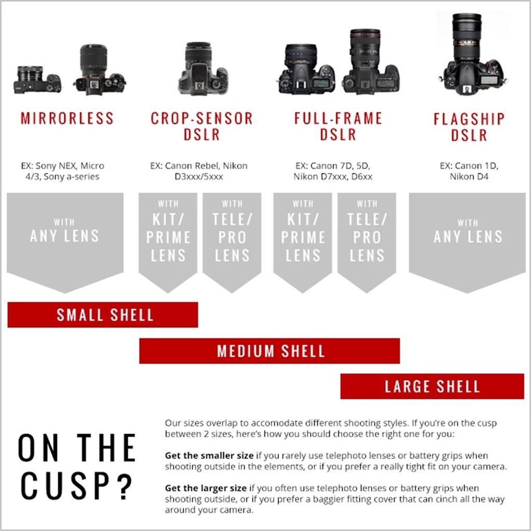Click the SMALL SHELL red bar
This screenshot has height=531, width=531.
[x=103, y=315]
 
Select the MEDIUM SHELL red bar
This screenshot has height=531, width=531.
[x=270, y=351]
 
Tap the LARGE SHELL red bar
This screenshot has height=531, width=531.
[x=432, y=386]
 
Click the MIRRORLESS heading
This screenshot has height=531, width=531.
[x=67, y=118]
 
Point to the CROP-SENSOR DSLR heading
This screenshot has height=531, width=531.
[x=202, y=127]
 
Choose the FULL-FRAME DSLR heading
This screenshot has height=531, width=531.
[x=338, y=127]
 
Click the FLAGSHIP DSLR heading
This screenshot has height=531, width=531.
[x=469, y=127]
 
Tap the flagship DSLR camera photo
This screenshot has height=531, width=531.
[x=473, y=54]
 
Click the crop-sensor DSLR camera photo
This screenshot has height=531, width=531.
[x=203, y=69]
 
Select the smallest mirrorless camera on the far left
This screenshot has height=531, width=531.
[x=37, y=80]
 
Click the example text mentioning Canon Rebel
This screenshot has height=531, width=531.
[x=199, y=171]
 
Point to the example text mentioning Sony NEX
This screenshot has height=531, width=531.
[x=63, y=171]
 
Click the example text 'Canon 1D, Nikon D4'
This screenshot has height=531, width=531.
[x=469, y=171]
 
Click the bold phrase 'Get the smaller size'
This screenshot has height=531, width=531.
[x=209, y=455]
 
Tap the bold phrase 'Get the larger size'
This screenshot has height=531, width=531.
[x=205, y=488]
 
